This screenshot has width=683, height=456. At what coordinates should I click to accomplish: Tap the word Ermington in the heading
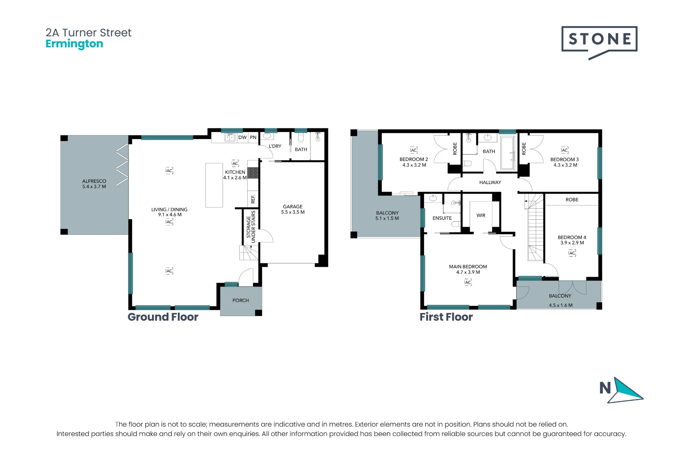tap(74, 44)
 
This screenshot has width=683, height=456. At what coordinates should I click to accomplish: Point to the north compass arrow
tap(626, 390)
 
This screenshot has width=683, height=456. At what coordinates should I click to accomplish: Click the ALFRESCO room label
tap(94, 181)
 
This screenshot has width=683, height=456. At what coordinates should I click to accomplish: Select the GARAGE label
tap(293, 207)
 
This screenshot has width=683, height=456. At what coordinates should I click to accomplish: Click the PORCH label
tap(241, 300)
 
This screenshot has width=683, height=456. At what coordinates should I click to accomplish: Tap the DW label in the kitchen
tap(242, 138)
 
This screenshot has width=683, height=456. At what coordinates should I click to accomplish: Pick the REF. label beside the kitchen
tap(253, 199)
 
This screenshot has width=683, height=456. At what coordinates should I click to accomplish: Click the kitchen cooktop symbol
tap(253, 173)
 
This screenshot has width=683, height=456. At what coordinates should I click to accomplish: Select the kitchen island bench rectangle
tap(214, 185)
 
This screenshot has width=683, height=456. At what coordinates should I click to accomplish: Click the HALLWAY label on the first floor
tap(490, 182)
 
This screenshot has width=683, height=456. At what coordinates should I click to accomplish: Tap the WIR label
tap(481, 216)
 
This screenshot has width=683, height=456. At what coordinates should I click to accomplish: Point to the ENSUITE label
tap(442, 218)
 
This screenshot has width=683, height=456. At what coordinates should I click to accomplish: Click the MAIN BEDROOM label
tap(468, 266)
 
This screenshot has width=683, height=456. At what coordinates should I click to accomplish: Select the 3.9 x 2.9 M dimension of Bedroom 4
tap(572, 243)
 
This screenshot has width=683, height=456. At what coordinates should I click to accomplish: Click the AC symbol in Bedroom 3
tap(564, 150)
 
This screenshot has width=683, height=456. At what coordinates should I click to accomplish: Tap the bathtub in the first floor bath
tap(508, 153)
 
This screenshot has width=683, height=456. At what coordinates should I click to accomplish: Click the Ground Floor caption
tap(163, 317)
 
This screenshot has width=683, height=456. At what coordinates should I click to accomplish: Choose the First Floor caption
tap(446, 317)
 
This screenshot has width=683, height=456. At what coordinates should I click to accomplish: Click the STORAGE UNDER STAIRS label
tap(251, 227)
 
